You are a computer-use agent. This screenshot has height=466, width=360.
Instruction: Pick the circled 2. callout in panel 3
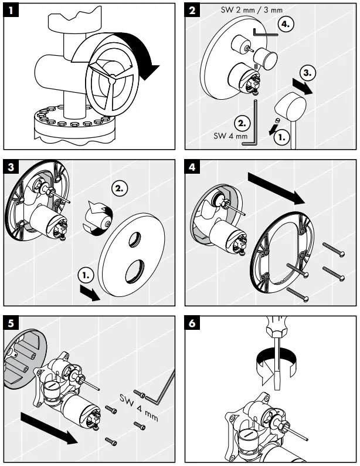(120, 190)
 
